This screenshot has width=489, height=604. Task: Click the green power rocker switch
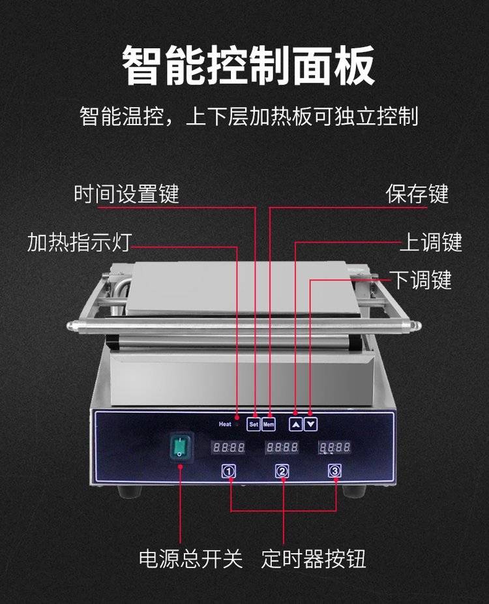click(x=180, y=447)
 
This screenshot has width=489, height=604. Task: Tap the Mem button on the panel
click(x=269, y=424)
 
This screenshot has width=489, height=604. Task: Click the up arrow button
click(x=296, y=424)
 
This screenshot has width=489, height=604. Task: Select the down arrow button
click(x=311, y=424)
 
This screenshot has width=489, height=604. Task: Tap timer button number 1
click(x=229, y=471)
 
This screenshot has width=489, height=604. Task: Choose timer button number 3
click(x=334, y=470)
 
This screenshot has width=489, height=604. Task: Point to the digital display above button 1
click(x=229, y=447)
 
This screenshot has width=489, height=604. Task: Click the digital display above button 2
click(x=282, y=447)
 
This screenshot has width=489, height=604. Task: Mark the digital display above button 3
click(x=335, y=447)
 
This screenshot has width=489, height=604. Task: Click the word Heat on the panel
click(x=225, y=424)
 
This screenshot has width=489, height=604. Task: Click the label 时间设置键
click(x=126, y=193)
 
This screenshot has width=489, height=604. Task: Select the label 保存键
click(x=417, y=193)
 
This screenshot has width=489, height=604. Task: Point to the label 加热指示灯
click(x=80, y=242)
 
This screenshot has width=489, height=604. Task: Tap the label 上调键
click(x=431, y=242)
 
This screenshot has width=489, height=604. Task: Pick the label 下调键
click(x=421, y=280)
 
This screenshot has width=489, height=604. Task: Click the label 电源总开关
click(x=191, y=558)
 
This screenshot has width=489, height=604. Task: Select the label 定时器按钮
click(x=314, y=558)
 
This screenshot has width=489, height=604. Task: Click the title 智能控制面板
click(x=248, y=65)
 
